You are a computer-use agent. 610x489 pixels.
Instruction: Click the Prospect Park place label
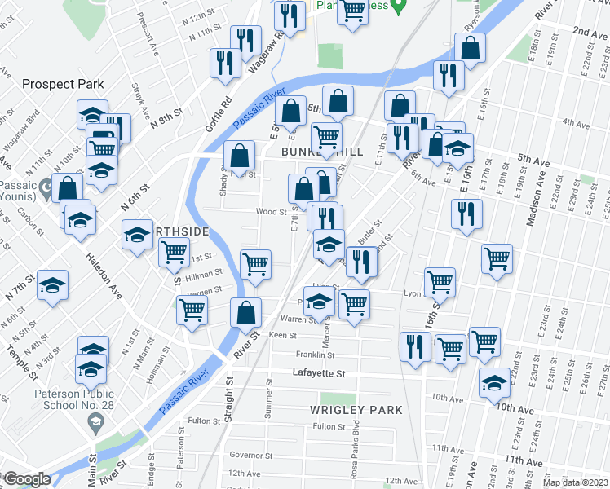63,84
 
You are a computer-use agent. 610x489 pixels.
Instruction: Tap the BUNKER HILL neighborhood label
322,152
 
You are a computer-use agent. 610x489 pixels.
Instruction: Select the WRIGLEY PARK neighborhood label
356,409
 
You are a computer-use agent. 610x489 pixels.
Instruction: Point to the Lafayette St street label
319,373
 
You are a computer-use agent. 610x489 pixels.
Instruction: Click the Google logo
26,479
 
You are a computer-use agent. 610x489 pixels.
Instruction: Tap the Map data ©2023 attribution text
580,481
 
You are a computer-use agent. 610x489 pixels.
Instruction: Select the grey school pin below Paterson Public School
95,422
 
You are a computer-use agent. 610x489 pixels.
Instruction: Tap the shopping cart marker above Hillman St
255,264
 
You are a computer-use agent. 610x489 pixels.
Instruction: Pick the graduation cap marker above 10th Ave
495,381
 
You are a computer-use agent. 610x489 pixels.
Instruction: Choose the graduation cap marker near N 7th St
53,285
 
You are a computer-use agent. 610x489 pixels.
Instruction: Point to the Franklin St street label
316,355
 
